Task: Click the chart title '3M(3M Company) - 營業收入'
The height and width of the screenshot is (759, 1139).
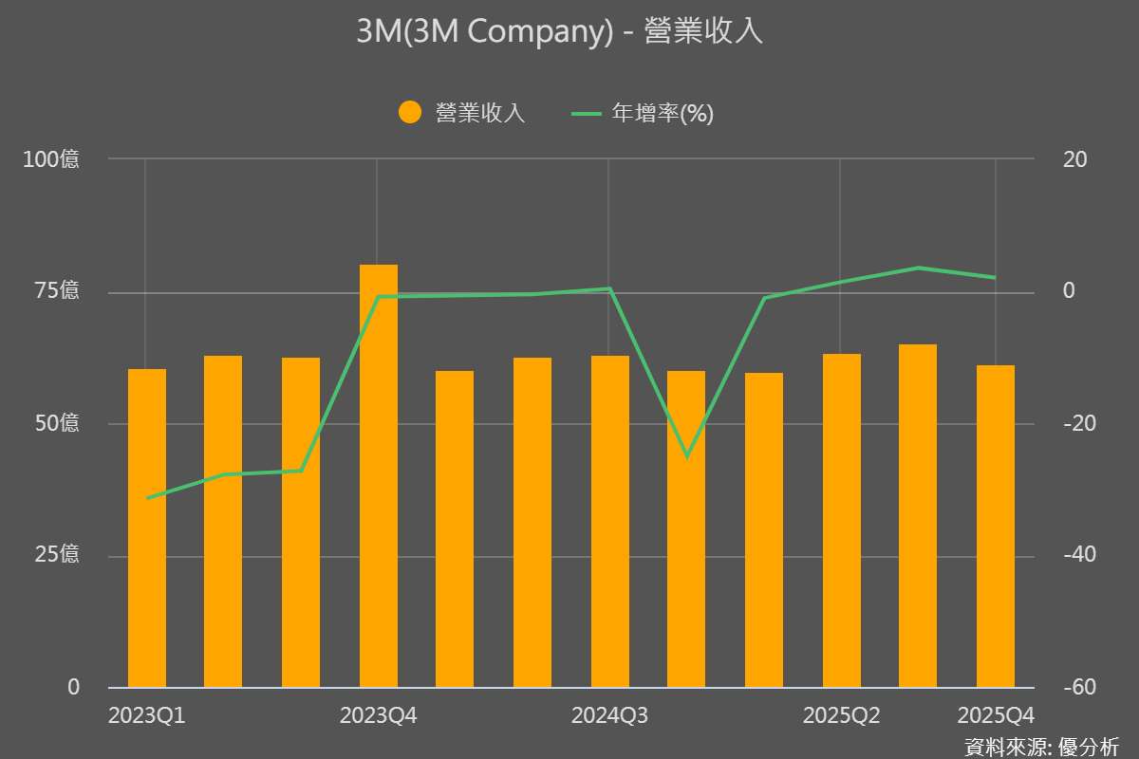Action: coord(560,32)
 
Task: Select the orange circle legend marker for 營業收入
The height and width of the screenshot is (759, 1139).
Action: coord(410,113)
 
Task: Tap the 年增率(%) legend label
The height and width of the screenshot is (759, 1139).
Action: coord(662,114)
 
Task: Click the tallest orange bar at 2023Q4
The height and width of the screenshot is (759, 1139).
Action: coord(378,474)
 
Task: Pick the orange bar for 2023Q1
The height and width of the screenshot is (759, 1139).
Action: coord(147,527)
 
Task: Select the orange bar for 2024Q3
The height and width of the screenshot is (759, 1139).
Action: coord(609,521)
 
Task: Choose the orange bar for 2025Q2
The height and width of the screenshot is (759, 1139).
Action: coord(841,520)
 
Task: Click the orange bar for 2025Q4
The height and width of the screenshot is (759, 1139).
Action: coord(995,526)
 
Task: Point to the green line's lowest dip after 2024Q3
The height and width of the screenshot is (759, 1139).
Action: coord(687,456)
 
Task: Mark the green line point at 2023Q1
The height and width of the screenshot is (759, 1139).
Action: coord(147,498)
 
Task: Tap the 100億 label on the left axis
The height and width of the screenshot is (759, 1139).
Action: coord(51,159)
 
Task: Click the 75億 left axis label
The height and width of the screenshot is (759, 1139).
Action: coord(57,291)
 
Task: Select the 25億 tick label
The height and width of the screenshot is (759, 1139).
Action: coord(57,555)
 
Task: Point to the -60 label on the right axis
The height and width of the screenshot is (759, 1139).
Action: coord(1074,687)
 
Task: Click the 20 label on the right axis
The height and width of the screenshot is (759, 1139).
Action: coord(1074,159)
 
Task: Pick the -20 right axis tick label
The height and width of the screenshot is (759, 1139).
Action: coord(1074,423)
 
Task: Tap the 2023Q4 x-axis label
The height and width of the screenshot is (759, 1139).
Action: coord(378,715)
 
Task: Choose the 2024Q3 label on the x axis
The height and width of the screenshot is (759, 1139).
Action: coord(609,715)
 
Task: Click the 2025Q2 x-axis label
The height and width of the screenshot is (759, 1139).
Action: coord(841,715)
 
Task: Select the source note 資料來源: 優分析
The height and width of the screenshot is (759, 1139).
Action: coord(1040,746)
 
